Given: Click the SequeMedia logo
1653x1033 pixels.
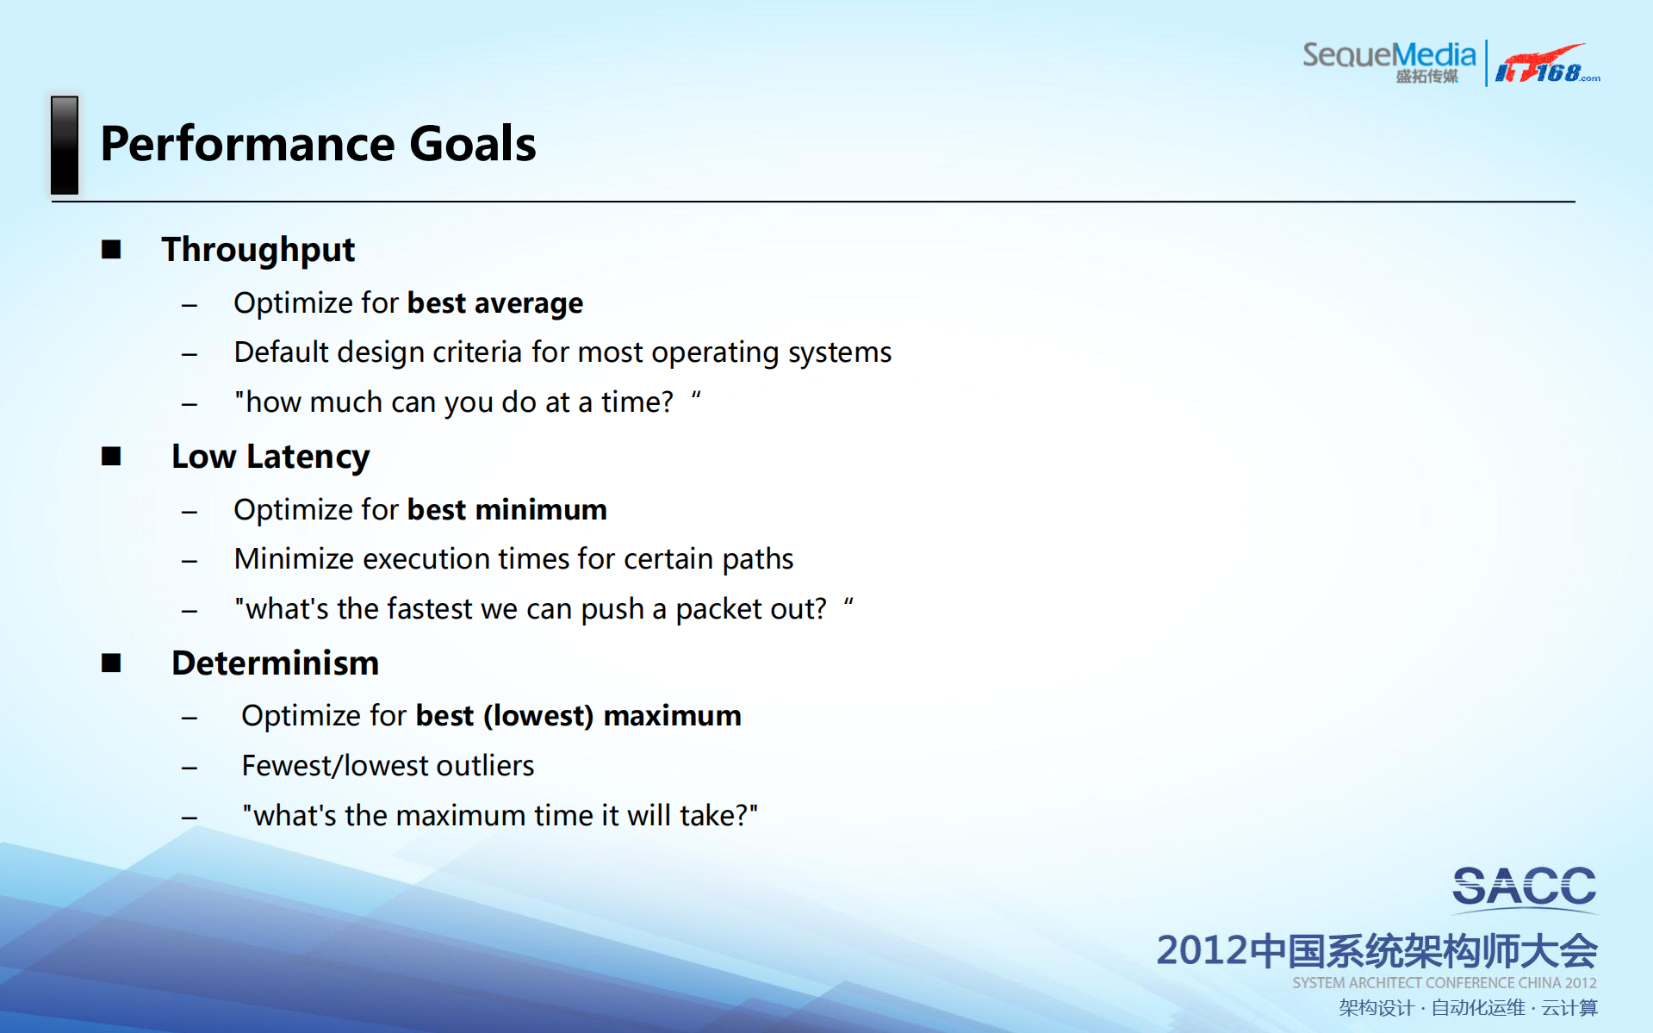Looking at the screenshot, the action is [x=1389, y=62].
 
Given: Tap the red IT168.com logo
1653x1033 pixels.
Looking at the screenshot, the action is [x=1548, y=64].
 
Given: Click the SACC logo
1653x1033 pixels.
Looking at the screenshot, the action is [x=1524, y=887].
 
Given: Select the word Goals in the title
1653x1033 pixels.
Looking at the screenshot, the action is [x=473, y=143].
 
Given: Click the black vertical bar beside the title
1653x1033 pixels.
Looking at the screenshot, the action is [x=65, y=145].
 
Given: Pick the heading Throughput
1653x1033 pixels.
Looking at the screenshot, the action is [x=258, y=251].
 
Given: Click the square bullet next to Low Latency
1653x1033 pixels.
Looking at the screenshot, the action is [x=111, y=456].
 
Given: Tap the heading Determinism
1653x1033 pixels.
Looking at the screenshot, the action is [x=276, y=663].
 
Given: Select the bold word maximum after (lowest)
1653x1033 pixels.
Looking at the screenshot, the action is [x=672, y=716].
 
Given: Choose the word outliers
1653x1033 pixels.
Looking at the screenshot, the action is [x=485, y=766].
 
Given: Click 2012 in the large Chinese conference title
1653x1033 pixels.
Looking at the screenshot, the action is [x=1202, y=950].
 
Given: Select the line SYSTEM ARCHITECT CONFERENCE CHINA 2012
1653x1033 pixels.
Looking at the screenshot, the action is [x=1445, y=983].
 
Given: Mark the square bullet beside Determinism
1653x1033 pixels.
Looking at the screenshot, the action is [x=111, y=663].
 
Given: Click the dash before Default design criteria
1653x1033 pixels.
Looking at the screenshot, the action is [x=190, y=354].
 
